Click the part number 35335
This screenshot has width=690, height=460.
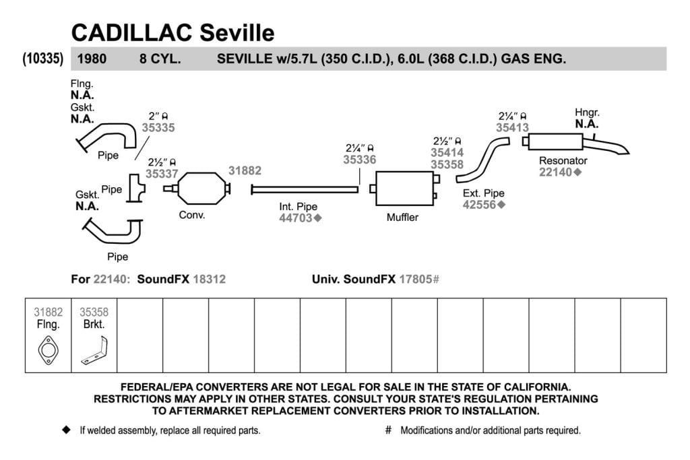pos(158,127)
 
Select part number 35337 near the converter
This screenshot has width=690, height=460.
pos(162,174)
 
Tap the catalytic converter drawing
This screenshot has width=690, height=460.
pos(197,189)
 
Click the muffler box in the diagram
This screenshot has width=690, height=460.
pos(405,189)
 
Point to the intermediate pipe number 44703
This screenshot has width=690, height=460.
pos(296,218)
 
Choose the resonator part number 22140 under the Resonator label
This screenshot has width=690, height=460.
pos(555,172)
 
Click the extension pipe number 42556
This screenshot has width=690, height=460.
pos(479,205)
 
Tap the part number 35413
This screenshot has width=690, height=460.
pos(512,127)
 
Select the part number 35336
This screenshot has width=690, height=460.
pos(360,160)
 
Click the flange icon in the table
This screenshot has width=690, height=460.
pos(48,350)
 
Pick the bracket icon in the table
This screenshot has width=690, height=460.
pos(94,350)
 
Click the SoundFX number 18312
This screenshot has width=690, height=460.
pos(210,280)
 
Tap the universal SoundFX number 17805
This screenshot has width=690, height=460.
pos(415,280)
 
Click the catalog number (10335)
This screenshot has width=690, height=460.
pos(43,59)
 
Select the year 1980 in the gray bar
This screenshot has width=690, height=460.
pos(92,59)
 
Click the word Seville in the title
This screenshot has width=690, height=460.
pos(237,32)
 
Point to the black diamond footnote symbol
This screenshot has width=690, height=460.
pos(67,430)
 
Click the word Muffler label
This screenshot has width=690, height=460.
pos(402,218)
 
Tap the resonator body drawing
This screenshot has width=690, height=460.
pos(555,141)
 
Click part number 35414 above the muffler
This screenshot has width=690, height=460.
pos(447,153)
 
